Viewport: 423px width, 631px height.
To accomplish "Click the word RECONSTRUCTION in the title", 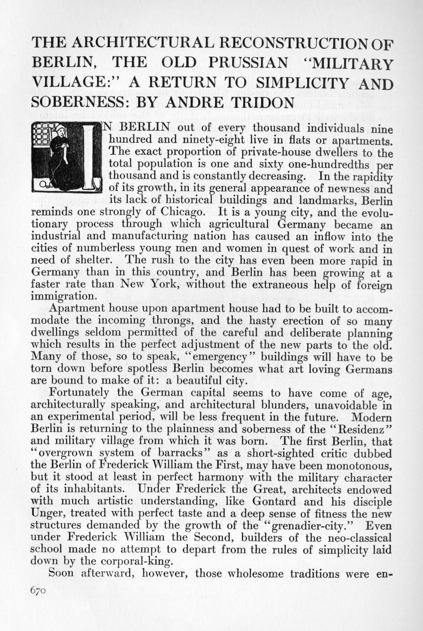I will (292, 44).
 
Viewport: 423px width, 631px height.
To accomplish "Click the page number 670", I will (38, 591).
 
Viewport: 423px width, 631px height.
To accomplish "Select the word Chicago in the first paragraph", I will (180, 212).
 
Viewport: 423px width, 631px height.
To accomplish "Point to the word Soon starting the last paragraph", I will (61, 573).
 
